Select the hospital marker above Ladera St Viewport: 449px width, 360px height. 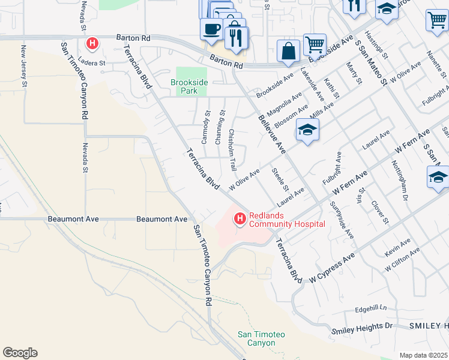click(92, 43)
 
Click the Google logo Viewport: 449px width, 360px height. click(20, 353)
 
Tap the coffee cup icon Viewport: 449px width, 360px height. click(211, 28)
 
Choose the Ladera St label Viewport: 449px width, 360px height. click(94, 62)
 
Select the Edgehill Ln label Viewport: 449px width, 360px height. click(371, 310)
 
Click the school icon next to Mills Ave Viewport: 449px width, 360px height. click(307, 130)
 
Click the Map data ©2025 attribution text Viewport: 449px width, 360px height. click(423, 355)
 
